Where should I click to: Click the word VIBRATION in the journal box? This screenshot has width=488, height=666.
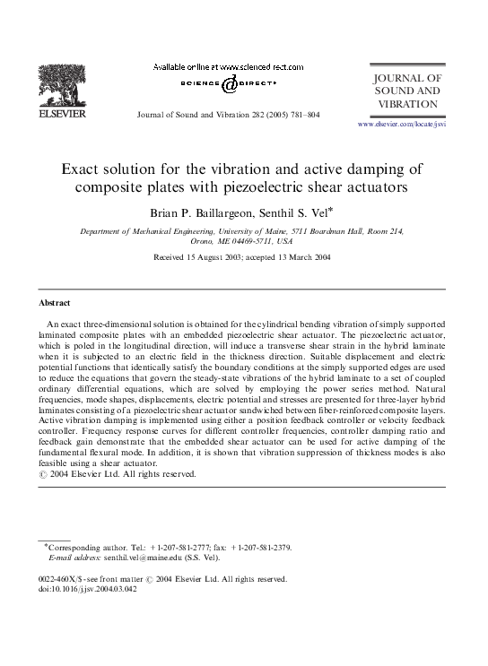pyautogui.click(x=408, y=104)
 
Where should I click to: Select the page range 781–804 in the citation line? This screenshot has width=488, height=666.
pyautogui.click(x=301, y=116)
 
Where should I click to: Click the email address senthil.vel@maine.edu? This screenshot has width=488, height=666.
pyautogui.click(x=139, y=557)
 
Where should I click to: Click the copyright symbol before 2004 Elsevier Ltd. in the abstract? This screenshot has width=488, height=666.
pyautogui.click(x=46, y=474)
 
